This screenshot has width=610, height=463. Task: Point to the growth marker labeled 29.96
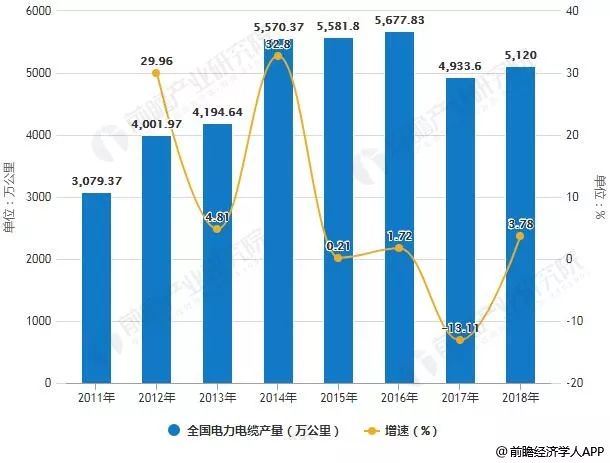(157, 73)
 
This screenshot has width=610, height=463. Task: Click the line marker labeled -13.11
(459, 340)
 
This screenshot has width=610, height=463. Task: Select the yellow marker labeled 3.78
(520, 236)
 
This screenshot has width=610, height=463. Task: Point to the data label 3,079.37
(96, 180)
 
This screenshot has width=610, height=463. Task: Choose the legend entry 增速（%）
(410, 432)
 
